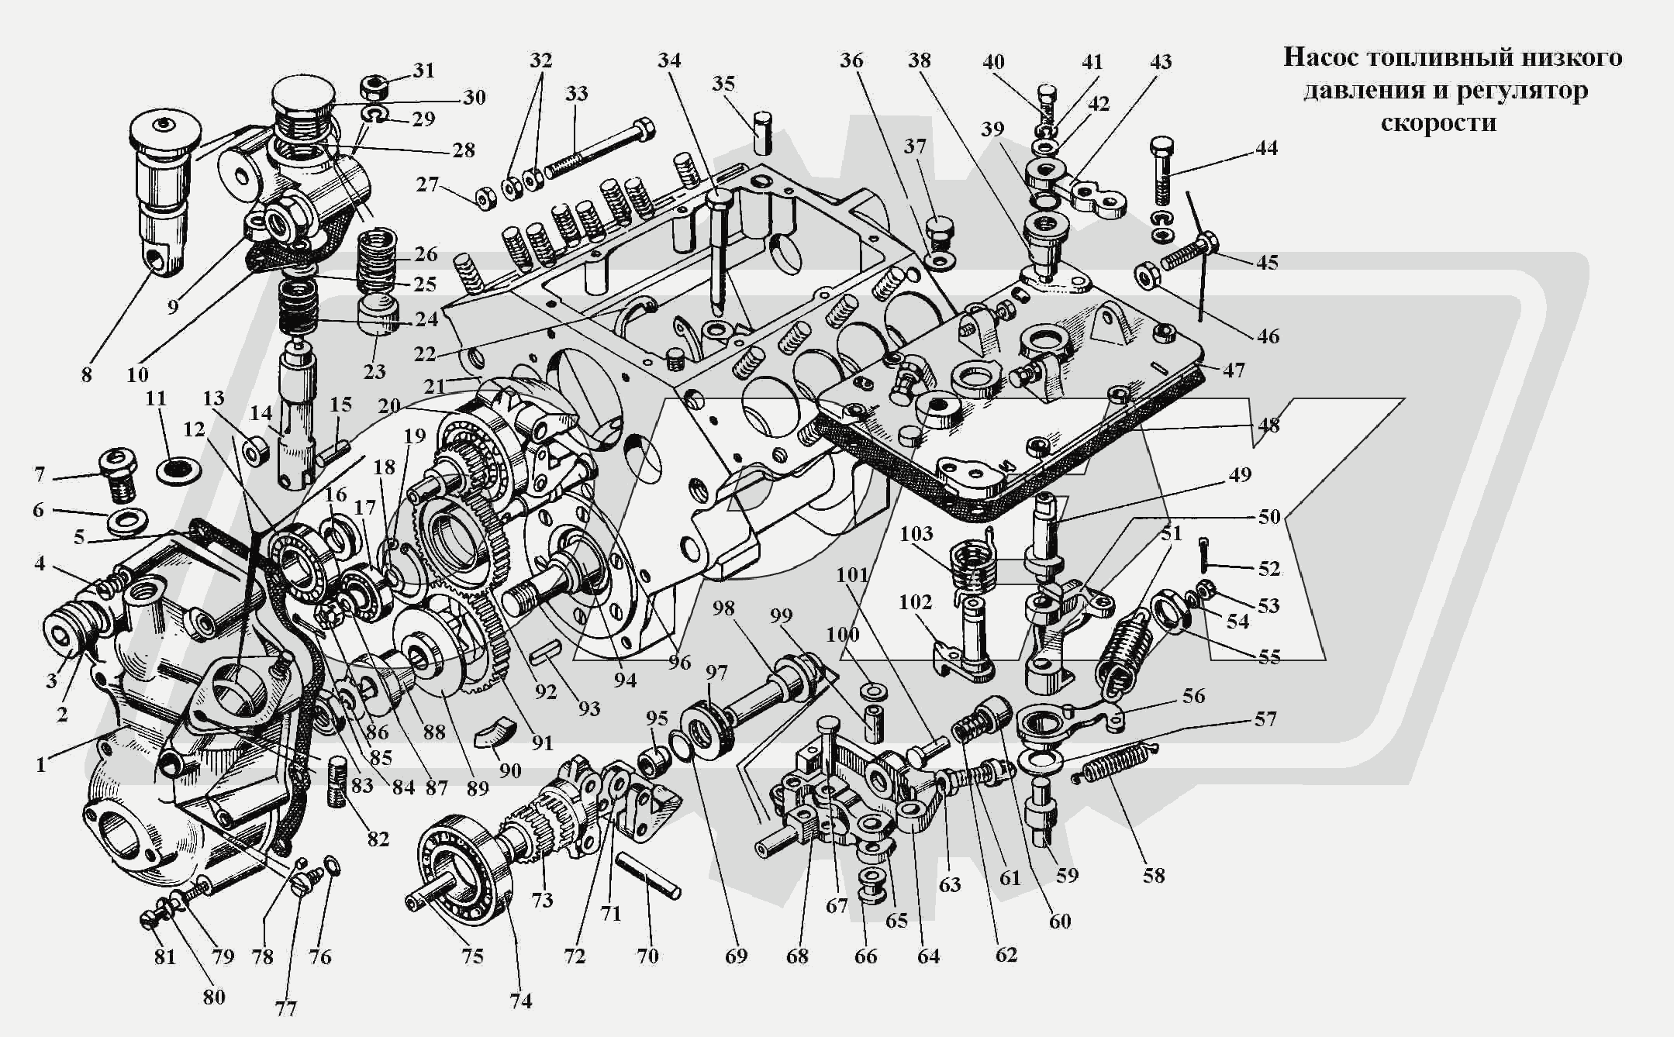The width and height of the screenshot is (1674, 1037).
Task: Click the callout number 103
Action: click(916, 533)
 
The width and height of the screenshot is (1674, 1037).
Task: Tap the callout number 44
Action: click(1266, 147)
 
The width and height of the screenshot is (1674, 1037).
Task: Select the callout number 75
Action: click(472, 956)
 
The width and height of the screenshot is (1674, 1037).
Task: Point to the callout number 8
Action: click(86, 374)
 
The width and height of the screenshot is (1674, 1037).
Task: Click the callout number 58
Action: click(1154, 875)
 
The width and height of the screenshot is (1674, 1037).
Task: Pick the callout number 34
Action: click(669, 60)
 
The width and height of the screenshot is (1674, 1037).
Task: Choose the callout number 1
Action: click(40, 764)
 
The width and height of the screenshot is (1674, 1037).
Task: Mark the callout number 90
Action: click(510, 770)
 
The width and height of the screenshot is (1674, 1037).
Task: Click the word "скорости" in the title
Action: click(1438, 123)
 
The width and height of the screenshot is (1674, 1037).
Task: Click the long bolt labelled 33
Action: click(597, 148)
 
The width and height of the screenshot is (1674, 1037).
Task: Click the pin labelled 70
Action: click(648, 875)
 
